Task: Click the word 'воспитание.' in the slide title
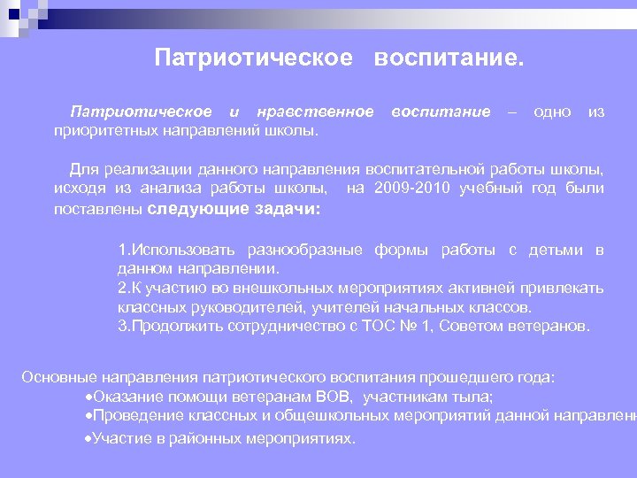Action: coord(449,58)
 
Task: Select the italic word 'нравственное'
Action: coord(314,112)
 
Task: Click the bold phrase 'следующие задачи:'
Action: coord(234,209)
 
